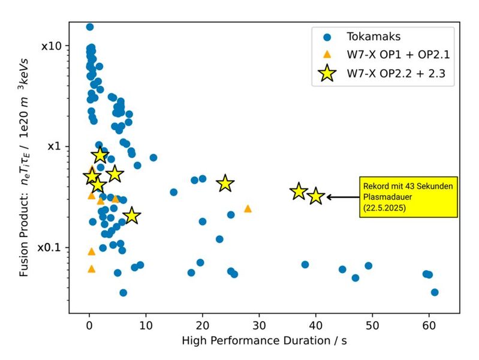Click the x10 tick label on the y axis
[x=53, y=46]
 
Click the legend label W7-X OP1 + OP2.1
[x=398, y=55]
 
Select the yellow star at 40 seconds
[x=316, y=196]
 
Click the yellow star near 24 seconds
[x=225, y=184]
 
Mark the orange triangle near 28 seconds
[x=248, y=209]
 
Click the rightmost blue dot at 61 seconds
[x=435, y=292]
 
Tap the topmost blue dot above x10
[x=90, y=27]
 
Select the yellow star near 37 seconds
[x=299, y=191]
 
